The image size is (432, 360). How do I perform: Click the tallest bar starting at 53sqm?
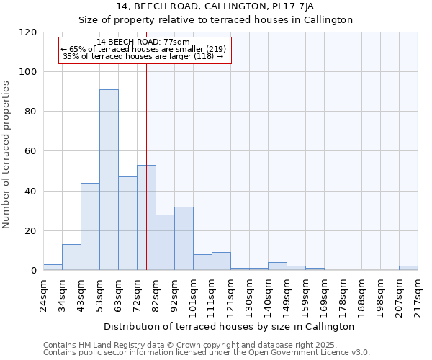pyautogui.click(x=109, y=180)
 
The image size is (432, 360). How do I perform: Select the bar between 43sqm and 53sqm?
pyautogui.click(x=90, y=227)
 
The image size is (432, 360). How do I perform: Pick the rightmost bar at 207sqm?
pyautogui.click(x=408, y=268)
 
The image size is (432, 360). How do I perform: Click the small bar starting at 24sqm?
pyautogui.click(x=53, y=267)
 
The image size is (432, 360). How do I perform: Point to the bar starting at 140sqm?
pyautogui.click(x=277, y=266)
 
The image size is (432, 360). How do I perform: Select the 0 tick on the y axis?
pyautogui.click(x=34, y=271)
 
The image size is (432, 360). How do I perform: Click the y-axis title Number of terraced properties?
pyautogui.click(x=6, y=154)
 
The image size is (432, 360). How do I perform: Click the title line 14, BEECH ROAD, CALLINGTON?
pyautogui.click(x=215, y=6)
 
